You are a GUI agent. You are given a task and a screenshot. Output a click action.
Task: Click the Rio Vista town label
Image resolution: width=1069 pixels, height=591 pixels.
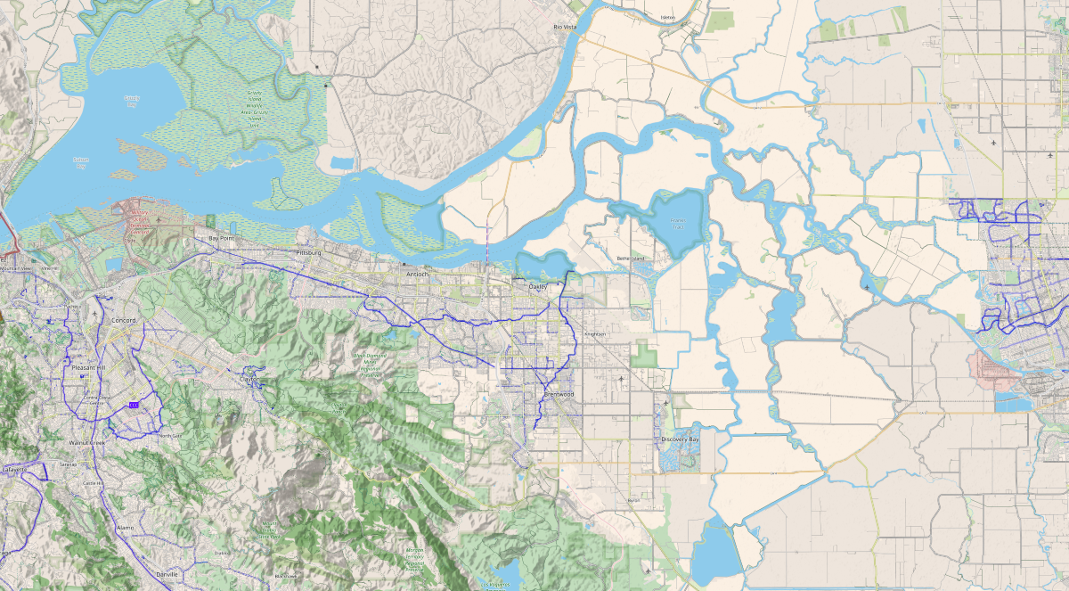566,28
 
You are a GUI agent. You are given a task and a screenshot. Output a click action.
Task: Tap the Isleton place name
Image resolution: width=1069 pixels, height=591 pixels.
669,18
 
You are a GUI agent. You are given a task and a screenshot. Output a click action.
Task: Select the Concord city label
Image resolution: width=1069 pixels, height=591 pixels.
124,320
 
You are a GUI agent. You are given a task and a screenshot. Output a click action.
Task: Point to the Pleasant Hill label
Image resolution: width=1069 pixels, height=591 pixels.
88,367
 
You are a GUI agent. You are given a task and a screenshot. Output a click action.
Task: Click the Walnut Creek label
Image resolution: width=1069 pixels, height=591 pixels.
87,442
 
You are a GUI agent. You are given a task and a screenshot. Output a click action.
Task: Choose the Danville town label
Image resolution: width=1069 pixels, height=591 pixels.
166,575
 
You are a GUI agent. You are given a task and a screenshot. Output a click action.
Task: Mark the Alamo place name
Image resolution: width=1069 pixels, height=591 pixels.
125,528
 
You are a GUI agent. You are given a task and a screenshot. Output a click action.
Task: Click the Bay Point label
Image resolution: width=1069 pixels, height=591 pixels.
220,239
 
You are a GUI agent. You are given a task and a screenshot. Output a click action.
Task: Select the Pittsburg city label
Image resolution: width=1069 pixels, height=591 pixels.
308,253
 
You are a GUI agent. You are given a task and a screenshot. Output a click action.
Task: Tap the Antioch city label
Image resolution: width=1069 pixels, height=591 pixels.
417,275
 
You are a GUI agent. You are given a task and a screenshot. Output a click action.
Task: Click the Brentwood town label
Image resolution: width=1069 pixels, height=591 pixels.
559,394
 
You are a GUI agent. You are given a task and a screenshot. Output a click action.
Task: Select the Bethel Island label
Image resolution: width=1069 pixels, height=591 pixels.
630,259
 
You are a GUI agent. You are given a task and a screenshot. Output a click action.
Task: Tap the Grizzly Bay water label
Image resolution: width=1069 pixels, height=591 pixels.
132,100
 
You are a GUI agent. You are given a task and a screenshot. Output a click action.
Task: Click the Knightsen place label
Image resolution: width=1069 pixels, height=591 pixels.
594,334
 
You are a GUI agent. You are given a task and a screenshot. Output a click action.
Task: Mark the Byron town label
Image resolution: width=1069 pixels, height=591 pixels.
633,501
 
